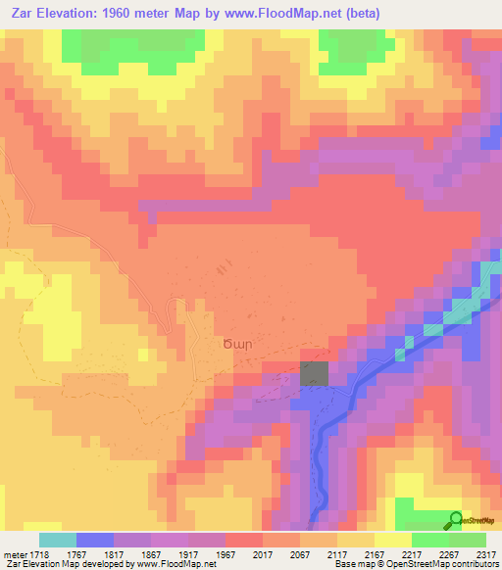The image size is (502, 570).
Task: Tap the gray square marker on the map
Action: point(314,374)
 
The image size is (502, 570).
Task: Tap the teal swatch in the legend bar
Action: point(57,540)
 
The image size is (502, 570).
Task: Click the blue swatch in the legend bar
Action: point(94,540)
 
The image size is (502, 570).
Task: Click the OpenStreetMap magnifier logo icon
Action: point(455,519)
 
